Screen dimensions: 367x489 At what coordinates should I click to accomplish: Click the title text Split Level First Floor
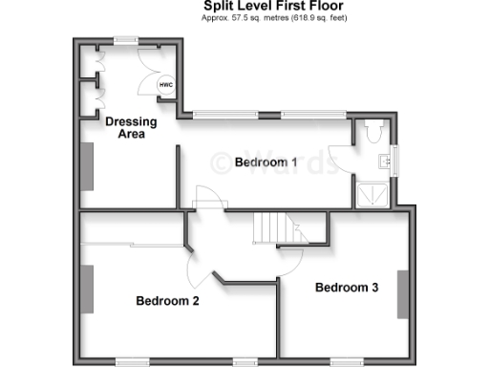[x=272, y=6]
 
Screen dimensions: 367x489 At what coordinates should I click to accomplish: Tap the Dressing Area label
[x=125, y=128]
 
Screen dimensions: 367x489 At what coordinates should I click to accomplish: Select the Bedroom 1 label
[x=266, y=162]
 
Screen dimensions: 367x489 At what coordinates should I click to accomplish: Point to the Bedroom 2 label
[x=167, y=301]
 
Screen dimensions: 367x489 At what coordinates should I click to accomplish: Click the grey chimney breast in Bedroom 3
[x=402, y=294]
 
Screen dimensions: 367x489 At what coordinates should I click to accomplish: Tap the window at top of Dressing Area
[x=125, y=39]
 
